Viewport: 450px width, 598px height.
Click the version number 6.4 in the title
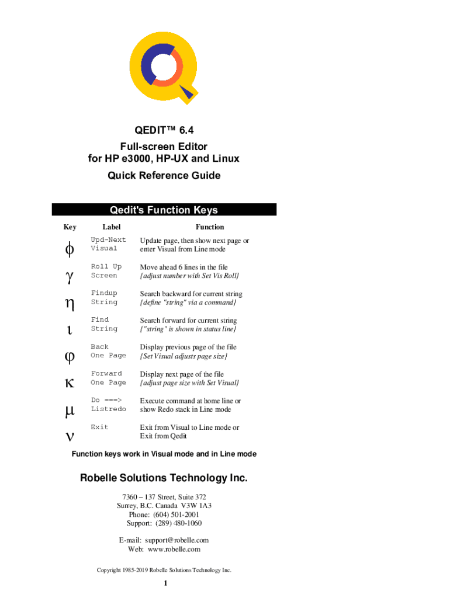tap(186, 130)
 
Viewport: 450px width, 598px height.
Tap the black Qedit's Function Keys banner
tap(164, 210)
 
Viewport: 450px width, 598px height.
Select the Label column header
tap(112, 227)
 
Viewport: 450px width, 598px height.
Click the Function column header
tap(210, 227)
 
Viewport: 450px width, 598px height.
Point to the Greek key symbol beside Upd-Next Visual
tap(70, 249)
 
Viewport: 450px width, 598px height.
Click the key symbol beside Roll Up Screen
tap(70, 277)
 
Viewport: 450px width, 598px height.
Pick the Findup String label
tap(104, 297)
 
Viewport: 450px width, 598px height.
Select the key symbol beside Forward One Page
tap(70, 383)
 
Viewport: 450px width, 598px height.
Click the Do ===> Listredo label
tap(108, 405)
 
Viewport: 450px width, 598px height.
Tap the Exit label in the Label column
tap(99, 427)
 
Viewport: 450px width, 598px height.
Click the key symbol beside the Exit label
tap(70, 436)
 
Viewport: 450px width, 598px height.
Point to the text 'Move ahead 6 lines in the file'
tap(184, 267)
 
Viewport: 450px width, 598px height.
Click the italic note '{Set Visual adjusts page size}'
tap(184, 356)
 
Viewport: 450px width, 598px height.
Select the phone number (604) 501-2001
tap(176, 514)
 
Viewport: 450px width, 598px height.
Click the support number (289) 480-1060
tap(179, 523)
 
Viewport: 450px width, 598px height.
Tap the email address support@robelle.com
tap(176, 540)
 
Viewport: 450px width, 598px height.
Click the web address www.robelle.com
tap(174, 550)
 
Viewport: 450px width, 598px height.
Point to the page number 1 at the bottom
tap(165, 583)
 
